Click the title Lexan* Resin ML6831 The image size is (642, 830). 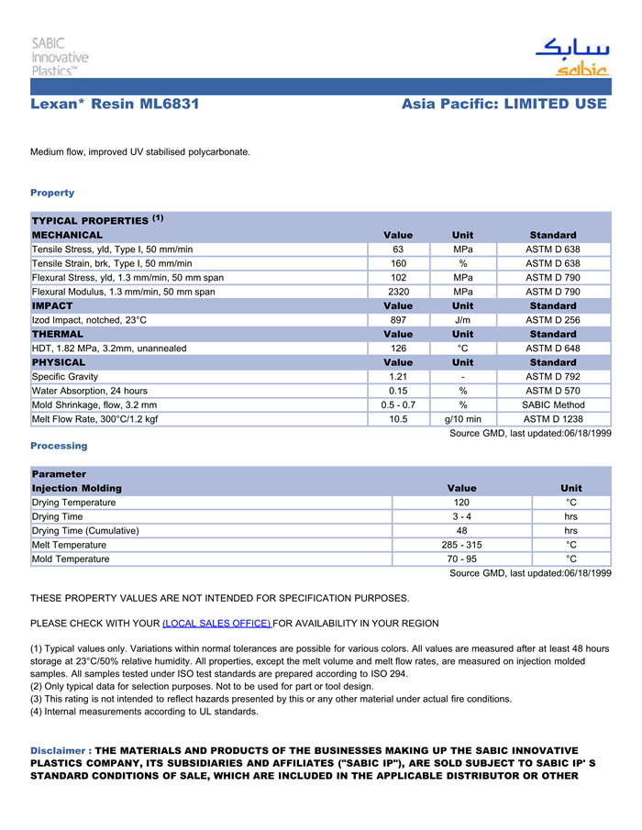point(115,105)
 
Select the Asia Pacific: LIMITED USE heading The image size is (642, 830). point(504,105)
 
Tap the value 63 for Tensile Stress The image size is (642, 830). point(398,249)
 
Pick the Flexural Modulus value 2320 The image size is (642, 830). point(398,292)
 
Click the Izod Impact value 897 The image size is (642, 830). point(398,320)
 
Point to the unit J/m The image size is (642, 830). point(462,320)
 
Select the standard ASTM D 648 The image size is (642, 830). point(552,349)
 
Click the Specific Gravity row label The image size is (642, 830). point(65,377)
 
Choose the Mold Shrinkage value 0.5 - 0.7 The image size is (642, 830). point(398,405)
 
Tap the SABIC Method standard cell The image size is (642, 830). point(553,405)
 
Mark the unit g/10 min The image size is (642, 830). point(462,419)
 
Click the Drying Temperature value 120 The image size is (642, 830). point(461,503)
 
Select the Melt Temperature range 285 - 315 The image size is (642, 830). point(461,545)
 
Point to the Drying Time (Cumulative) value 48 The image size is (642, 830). point(461,531)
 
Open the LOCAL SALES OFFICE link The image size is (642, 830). point(216,624)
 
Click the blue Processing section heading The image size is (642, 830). point(59,446)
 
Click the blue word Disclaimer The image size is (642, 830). point(59,751)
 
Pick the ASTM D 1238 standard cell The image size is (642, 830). point(553,419)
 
